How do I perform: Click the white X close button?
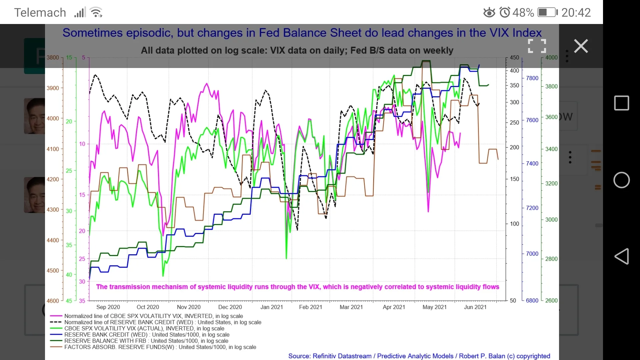(x=581, y=46)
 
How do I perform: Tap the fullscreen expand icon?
(x=537, y=46)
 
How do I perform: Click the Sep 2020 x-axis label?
(x=108, y=307)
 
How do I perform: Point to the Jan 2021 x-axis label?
(x=271, y=307)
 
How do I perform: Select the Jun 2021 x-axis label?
(x=475, y=307)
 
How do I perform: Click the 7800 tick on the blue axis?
(x=532, y=78)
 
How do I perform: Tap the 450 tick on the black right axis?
(x=514, y=57)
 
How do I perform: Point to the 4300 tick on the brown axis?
(x=53, y=210)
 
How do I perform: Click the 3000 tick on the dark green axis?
(x=551, y=220)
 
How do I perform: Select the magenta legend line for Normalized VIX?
(x=56, y=316)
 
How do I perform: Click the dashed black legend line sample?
(x=56, y=322)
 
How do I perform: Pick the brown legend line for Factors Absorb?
(x=56, y=347)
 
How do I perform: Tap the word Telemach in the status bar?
(x=40, y=13)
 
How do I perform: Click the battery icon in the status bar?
(x=547, y=13)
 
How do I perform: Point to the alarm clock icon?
(x=505, y=13)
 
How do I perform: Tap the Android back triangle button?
(x=621, y=256)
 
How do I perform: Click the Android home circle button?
(x=621, y=180)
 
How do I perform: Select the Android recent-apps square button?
(x=621, y=103)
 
